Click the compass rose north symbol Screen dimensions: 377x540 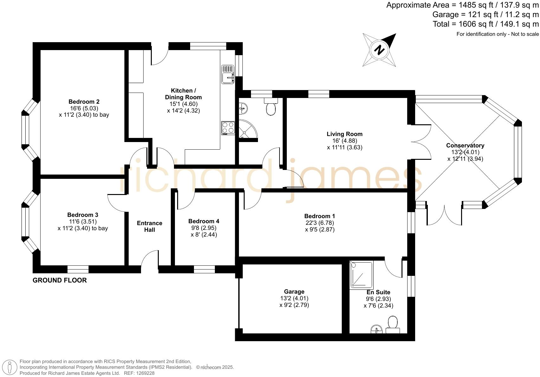[x=379, y=50]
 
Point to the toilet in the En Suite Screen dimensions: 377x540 [x=393, y=323]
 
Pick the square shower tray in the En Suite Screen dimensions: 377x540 [x=362, y=275]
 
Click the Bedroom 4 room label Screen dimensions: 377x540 [x=203, y=221]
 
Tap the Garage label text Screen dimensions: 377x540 [x=294, y=292]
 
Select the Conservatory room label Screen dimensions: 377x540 [x=465, y=146]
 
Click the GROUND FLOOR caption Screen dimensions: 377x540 [x=60, y=280]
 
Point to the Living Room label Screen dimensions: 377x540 [x=344, y=134]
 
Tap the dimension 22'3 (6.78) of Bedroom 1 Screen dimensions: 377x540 [x=319, y=223]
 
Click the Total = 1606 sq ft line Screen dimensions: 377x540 [x=485, y=24]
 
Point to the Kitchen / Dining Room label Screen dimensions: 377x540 [x=183, y=94]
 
